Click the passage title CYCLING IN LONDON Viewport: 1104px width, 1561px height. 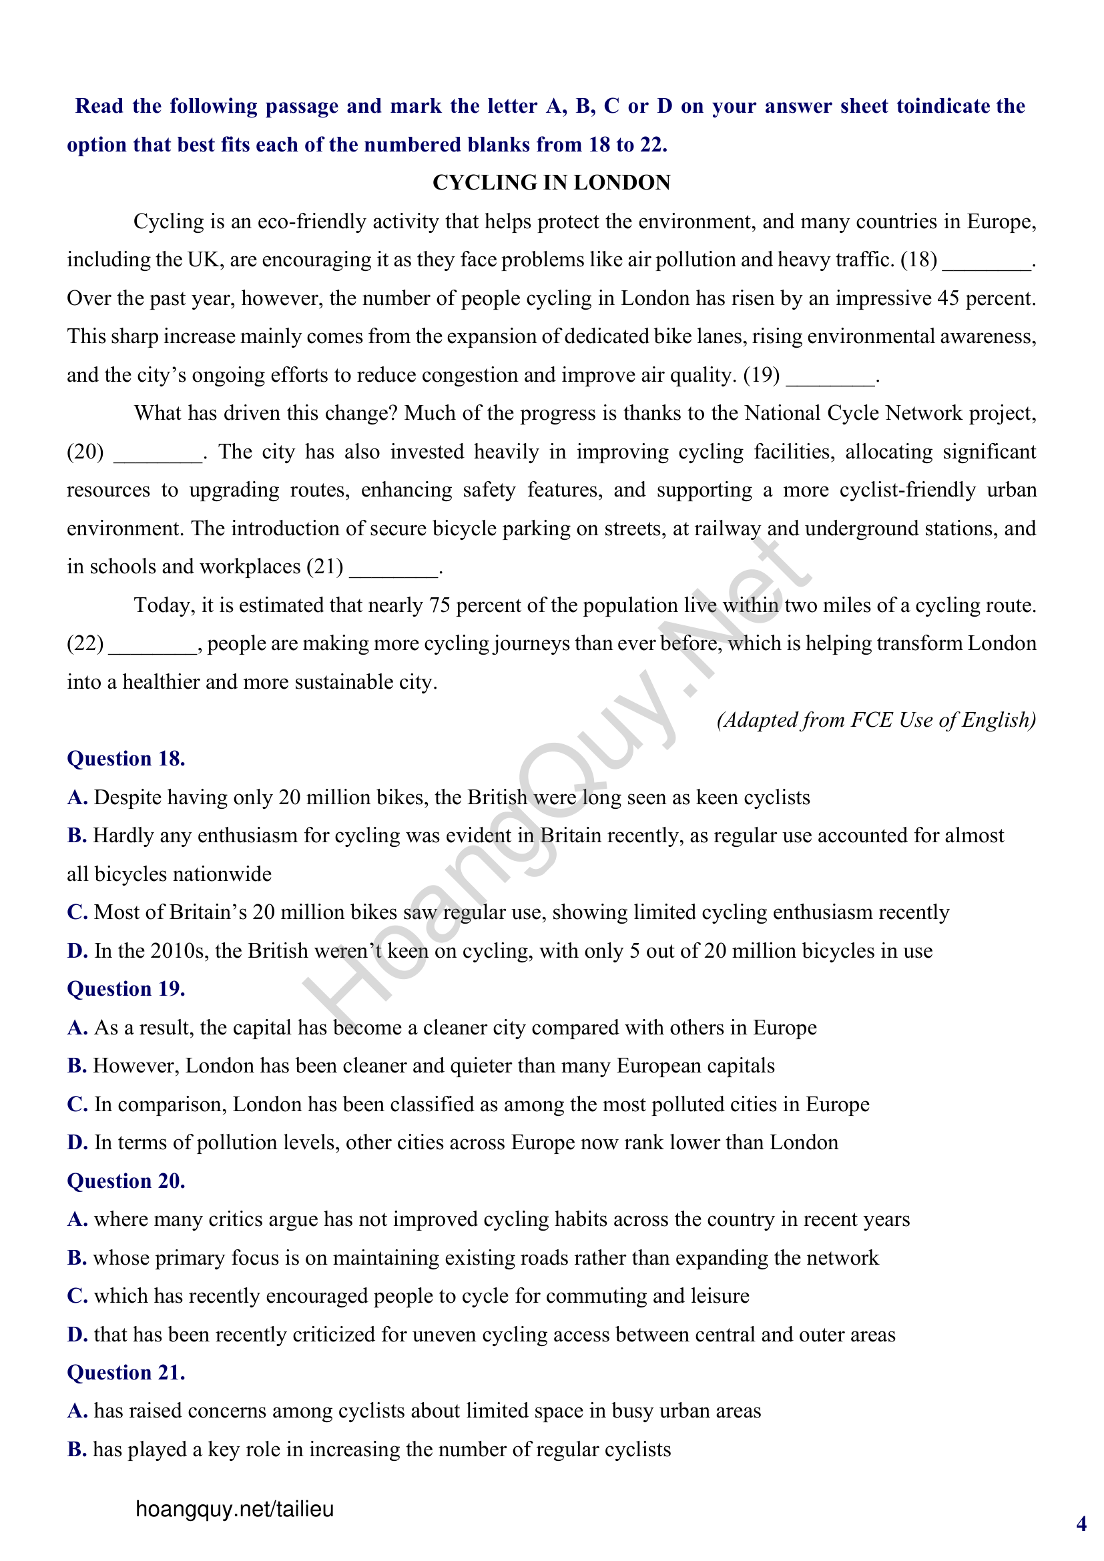[x=551, y=183]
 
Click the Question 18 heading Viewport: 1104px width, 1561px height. [x=125, y=759]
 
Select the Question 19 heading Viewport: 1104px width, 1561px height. [x=125, y=989]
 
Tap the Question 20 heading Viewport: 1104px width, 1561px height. [x=125, y=1181]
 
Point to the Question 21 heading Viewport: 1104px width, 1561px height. [x=125, y=1373]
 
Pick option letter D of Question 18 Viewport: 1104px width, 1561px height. [x=77, y=951]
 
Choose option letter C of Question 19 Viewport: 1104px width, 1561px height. [x=77, y=1105]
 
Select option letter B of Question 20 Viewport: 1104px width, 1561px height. [x=76, y=1259]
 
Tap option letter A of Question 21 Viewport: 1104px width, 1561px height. [x=77, y=1412]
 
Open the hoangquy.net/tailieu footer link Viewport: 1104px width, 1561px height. [x=234, y=1510]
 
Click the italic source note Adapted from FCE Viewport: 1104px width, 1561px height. [x=876, y=720]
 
